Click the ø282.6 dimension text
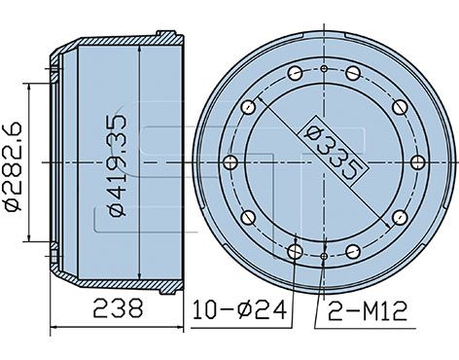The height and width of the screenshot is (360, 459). [13, 166]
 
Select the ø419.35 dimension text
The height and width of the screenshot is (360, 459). [118, 165]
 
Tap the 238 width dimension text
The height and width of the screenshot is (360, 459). [118, 308]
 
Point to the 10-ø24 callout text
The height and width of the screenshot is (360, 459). [240, 309]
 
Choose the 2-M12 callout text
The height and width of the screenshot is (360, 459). [368, 311]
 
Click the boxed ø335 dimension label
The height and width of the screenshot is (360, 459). [334, 151]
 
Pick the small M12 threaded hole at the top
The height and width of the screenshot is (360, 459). [324, 68]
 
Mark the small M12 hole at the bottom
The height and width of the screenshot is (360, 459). [324, 256]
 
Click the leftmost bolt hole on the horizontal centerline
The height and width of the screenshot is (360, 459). [230, 162]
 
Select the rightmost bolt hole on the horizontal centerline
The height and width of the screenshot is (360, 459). [417, 162]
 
